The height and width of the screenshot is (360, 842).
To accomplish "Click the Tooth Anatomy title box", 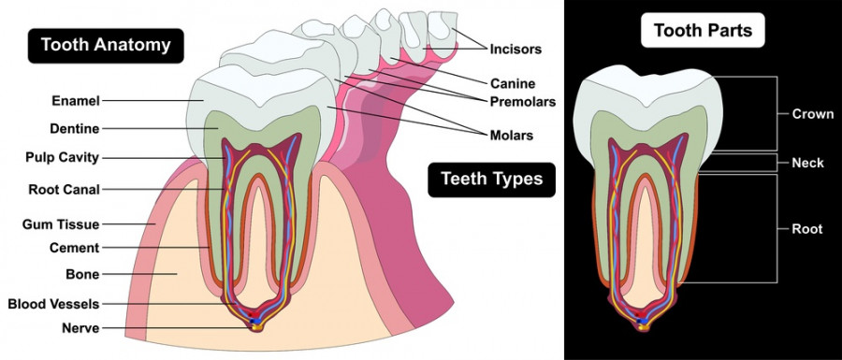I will pos(105,44).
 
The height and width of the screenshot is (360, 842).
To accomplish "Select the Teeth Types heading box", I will pos(491,179).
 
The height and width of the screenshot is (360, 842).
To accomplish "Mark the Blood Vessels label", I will pos(53,304).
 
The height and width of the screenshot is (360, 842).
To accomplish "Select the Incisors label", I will pos(515,47).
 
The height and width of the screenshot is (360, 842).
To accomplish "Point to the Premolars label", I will pos(523,101).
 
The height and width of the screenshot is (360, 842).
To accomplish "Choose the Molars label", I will pos(511,135).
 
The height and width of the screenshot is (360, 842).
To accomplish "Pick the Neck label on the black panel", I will pos(807,163).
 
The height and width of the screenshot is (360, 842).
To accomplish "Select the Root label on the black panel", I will pos(806,228).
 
